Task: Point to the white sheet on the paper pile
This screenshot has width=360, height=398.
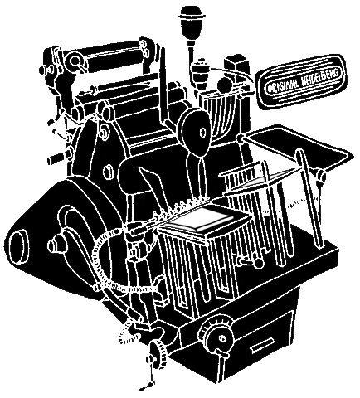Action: coord(202,217)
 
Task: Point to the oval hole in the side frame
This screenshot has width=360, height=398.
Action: coord(109,172)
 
